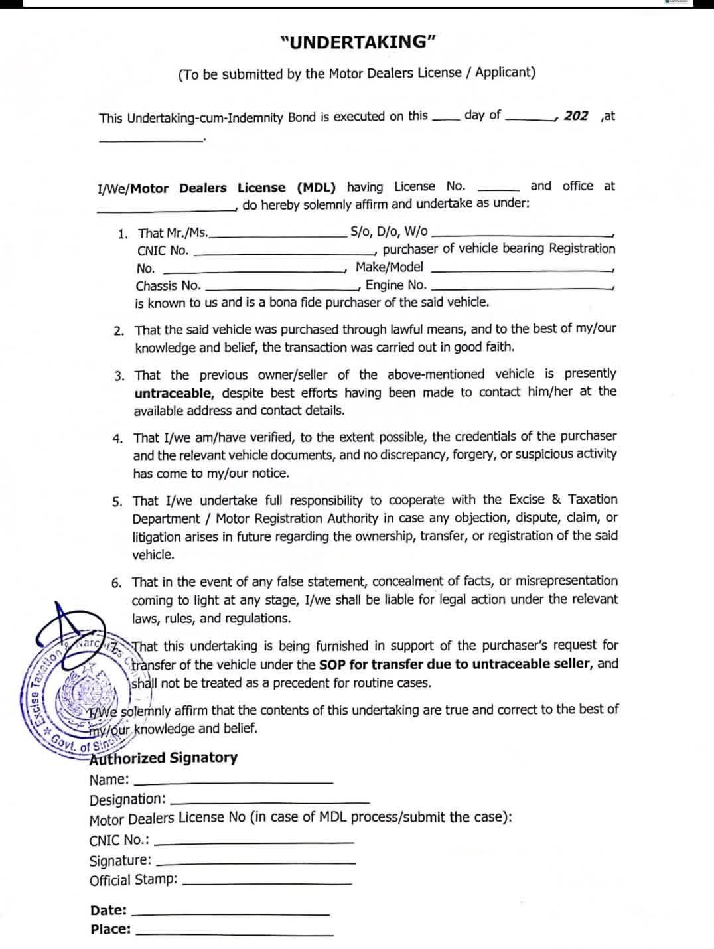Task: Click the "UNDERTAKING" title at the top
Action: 358,42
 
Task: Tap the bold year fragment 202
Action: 576,116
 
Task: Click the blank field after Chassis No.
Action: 281,289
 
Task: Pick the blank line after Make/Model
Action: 522,271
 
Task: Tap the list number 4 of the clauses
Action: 117,439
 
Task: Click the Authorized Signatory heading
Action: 164,758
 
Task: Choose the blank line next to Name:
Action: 234,784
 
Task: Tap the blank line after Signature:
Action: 255,863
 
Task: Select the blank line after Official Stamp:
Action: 267,883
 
